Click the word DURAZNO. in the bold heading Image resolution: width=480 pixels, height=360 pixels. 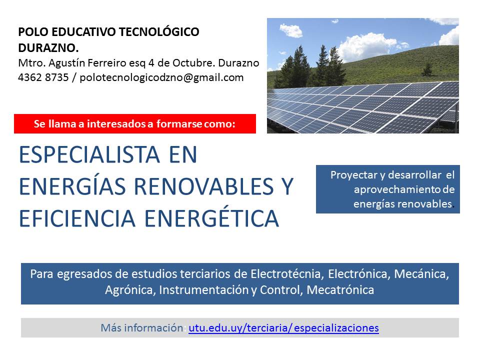(x=48, y=48)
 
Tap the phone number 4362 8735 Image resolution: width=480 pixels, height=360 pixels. (x=43, y=77)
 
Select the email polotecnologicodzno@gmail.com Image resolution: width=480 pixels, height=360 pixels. (x=161, y=78)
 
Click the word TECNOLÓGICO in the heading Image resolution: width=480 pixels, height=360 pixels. (x=159, y=32)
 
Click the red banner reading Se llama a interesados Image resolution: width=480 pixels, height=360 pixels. (x=134, y=123)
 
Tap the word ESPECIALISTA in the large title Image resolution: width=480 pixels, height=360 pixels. (x=89, y=154)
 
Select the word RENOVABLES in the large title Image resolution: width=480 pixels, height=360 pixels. (x=204, y=186)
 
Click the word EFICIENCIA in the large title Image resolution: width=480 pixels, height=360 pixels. (x=77, y=218)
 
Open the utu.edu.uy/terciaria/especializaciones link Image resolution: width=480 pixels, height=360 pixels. (x=284, y=328)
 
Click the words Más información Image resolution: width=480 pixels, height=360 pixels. (x=142, y=328)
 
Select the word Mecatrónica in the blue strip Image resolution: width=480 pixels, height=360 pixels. (x=340, y=289)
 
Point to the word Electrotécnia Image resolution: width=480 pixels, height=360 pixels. (x=285, y=273)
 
